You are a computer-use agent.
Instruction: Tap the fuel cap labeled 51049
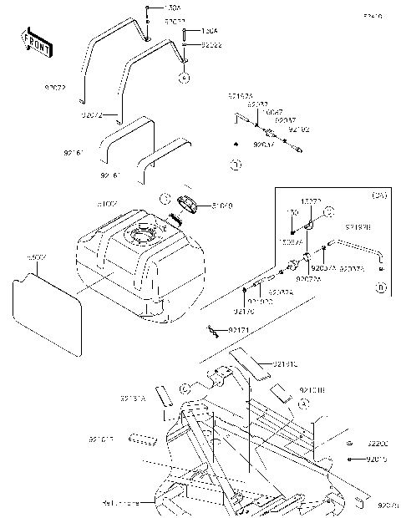point(192,203)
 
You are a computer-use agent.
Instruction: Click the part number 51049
point(222,205)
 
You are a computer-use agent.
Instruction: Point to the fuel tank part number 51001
point(108,204)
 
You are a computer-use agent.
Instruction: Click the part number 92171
point(240,332)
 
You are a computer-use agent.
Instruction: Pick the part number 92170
point(244,311)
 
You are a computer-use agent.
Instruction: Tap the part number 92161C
point(285,363)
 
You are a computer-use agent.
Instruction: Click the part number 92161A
point(134,399)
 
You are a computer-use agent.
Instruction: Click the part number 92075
point(388,505)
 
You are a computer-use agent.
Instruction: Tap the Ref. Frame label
point(119,503)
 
